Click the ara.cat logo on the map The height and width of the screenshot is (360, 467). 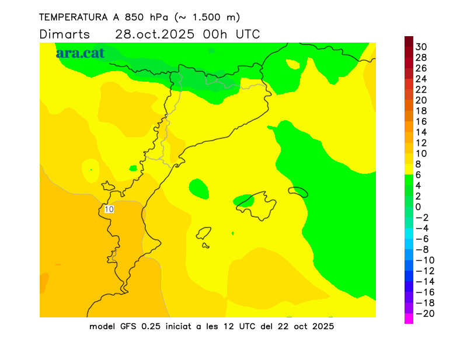pyautogui.click(x=80, y=53)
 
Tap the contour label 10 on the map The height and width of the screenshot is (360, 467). pyautogui.click(x=109, y=209)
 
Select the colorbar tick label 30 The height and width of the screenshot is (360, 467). pyautogui.click(x=421, y=47)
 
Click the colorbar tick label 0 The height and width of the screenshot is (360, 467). pyautogui.click(x=418, y=207)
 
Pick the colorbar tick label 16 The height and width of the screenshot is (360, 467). pyautogui.click(x=421, y=121)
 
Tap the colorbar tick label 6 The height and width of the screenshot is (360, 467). pyautogui.click(x=418, y=174)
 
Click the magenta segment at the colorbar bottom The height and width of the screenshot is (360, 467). pyautogui.click(x=409, y=319)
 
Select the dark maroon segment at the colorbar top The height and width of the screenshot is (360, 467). pyautogui.click(x=409, y=41)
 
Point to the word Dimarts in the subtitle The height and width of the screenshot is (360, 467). pyautogui.click(x=65, y=34)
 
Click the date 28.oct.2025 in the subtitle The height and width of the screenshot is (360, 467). pyautogui.click(x=155, y=34)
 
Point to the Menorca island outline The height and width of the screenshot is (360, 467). pyautogui.click(x=298, y=191)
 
